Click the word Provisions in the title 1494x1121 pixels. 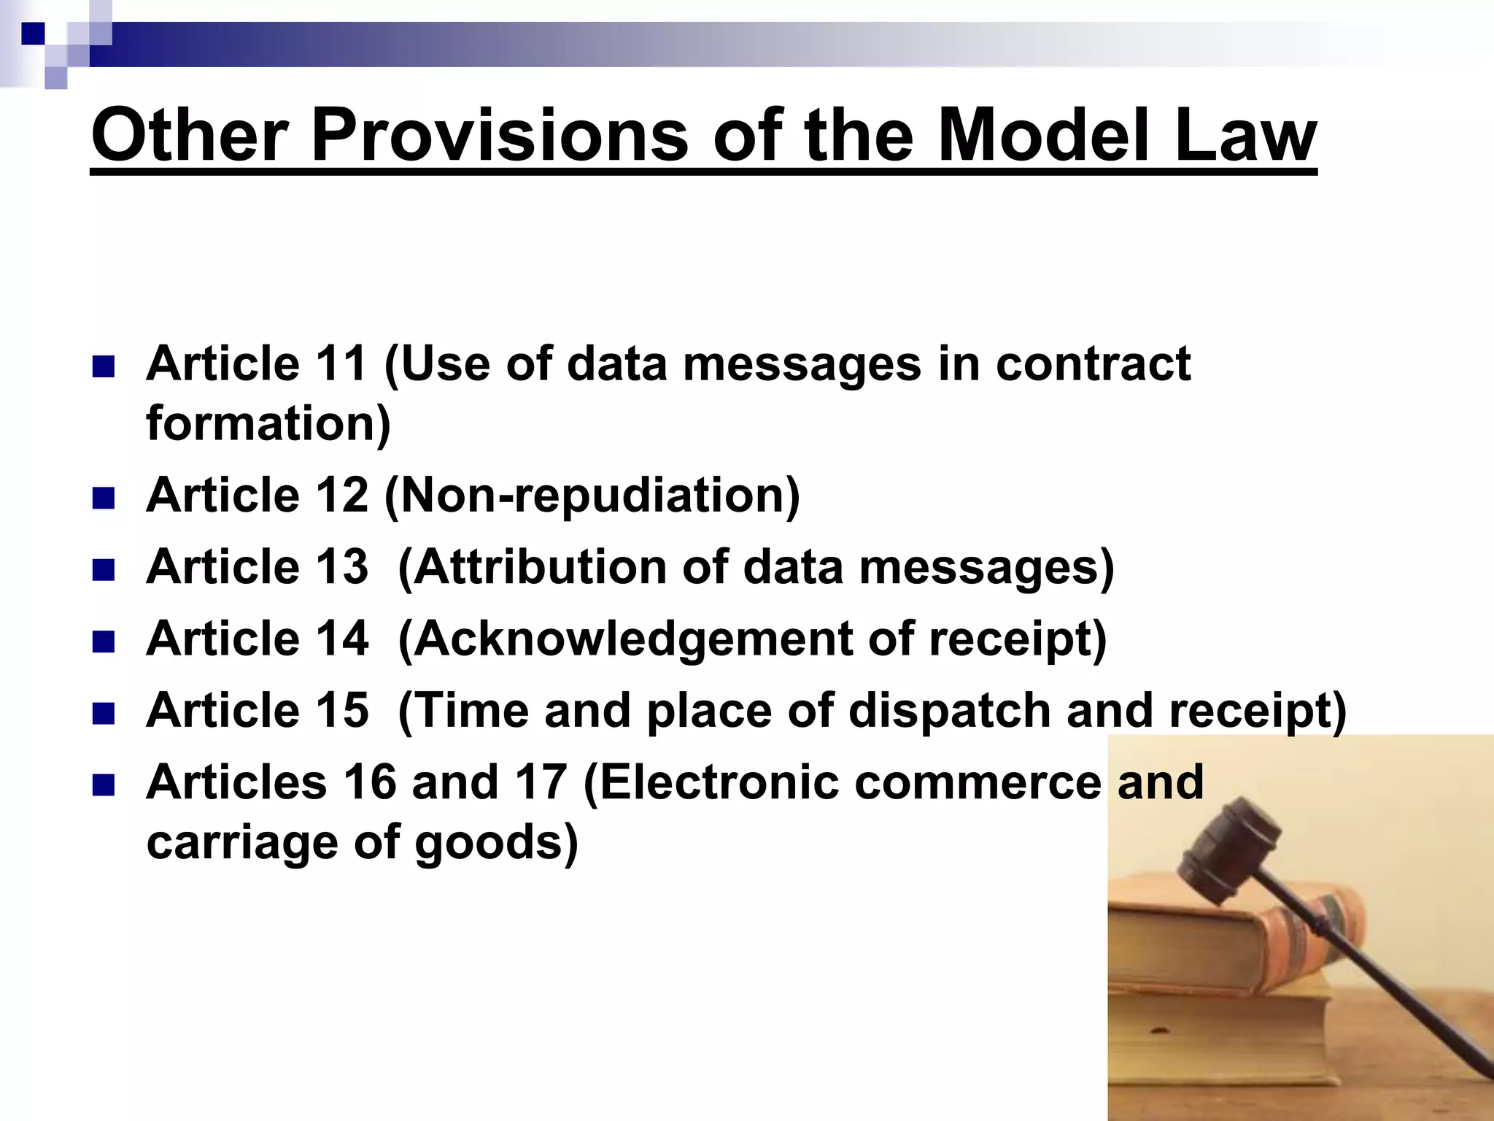[499, 136]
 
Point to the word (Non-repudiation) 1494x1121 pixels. [592, 496]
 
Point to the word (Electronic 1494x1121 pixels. [711, 782]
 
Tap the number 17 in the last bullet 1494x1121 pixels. [541, 782]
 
